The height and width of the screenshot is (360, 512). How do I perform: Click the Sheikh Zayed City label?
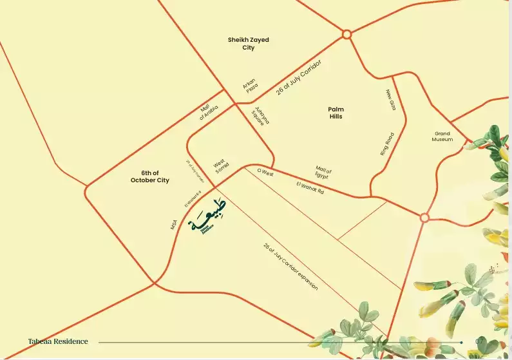(x=249, y=44)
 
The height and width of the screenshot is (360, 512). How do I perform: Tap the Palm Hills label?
(x=336, y=113)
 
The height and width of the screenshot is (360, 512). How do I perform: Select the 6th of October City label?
(x=150, y=176)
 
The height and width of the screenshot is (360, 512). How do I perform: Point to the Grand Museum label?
(x=442, y=137)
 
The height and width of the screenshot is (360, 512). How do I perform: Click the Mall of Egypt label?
(x=323, y=172)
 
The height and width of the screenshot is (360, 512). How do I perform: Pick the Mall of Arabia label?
(x=209, y=113)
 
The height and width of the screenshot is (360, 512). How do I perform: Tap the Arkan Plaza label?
(x=251, y=86)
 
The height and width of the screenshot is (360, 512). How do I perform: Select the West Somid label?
(x=221, y=167)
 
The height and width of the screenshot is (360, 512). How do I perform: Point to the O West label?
(x=265, y=173)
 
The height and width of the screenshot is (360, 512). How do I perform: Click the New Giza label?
(x=391, y=100)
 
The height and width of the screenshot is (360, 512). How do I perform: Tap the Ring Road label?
(x=387, y=144)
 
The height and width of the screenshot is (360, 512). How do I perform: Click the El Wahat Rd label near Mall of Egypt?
(x=310, y=187)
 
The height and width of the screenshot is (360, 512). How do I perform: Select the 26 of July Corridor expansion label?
(x=290, y=266)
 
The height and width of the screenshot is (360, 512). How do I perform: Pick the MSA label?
(x=173, y=223)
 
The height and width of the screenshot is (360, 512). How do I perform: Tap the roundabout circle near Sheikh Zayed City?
(x=346, y=34)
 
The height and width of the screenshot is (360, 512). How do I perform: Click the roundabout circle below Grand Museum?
(x=424, y=218)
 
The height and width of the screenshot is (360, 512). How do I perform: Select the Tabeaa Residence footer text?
(x=58, y=341)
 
